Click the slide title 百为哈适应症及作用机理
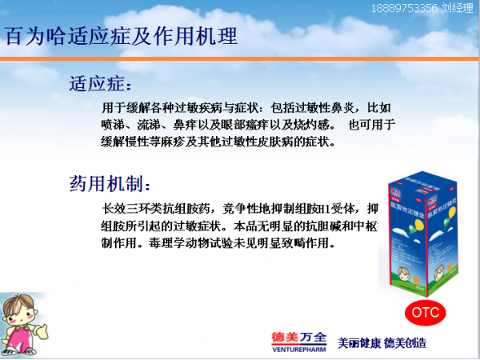click(x=121, y=36)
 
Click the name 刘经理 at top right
click(x=458, y=7)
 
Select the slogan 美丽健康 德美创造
click(x=381, y=342)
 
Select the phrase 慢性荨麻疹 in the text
click(x=155, y=142)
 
